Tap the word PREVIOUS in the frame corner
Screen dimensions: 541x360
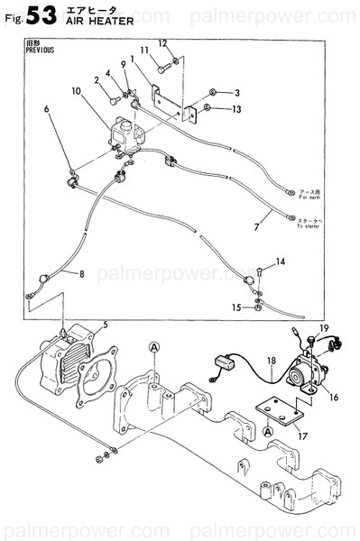(x=41, y=50)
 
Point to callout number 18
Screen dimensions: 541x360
(x=270, y=362)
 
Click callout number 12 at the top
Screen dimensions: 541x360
(x=163, y=43)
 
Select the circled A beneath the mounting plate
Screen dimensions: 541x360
(x=269, y=431)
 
